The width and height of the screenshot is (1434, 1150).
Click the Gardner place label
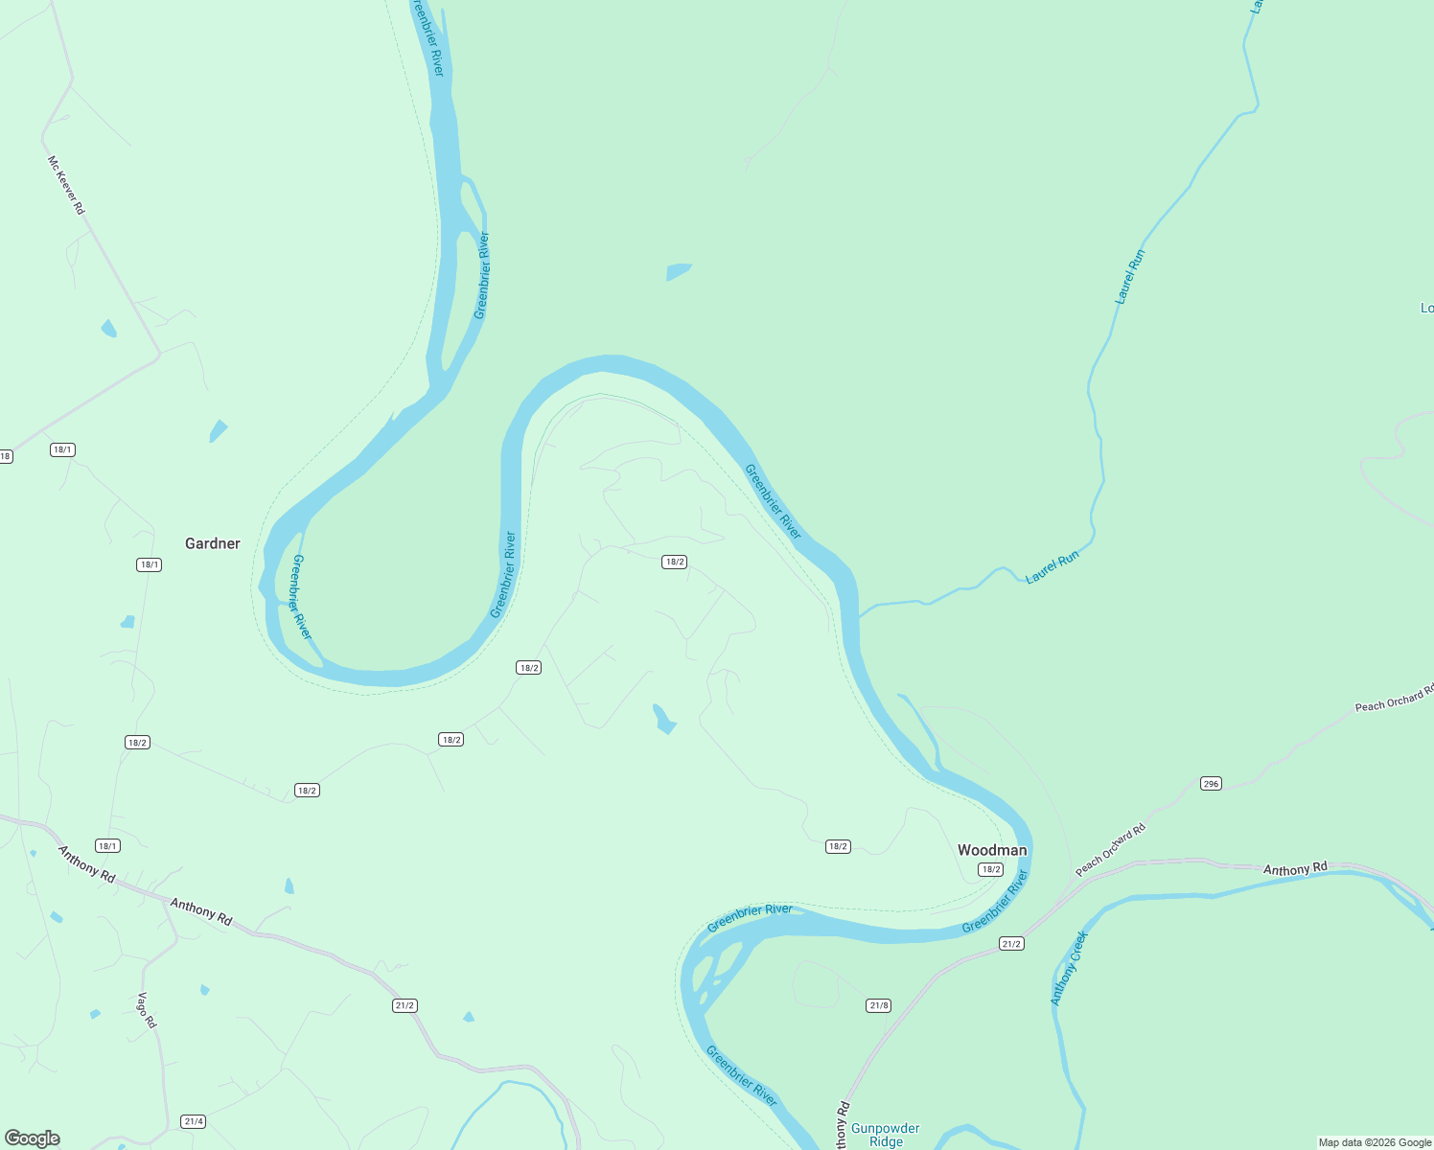212,543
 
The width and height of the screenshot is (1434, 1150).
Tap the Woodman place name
991,850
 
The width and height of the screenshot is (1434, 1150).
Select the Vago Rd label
147,1010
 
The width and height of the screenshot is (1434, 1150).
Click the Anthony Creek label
1069,968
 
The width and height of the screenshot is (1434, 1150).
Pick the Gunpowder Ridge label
885,1135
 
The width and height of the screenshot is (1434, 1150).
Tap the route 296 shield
1211,784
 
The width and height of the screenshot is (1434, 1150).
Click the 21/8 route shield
878,1005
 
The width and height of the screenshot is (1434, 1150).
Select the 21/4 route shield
193,1121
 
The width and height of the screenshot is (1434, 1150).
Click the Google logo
32,1138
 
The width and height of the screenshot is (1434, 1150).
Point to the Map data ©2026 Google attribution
1375,1142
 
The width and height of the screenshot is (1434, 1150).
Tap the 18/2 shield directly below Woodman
990,869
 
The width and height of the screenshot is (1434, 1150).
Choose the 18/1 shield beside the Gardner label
149,564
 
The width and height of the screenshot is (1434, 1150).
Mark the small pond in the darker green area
678,272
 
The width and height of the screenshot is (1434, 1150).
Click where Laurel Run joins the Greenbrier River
860,617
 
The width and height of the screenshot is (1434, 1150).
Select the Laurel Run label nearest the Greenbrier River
1052,568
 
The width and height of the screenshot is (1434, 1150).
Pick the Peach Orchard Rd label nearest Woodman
1110,849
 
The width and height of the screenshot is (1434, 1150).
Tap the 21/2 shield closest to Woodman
1011,944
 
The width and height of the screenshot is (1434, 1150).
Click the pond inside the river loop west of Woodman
663,719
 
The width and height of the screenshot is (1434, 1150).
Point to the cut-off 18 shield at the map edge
5,456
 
